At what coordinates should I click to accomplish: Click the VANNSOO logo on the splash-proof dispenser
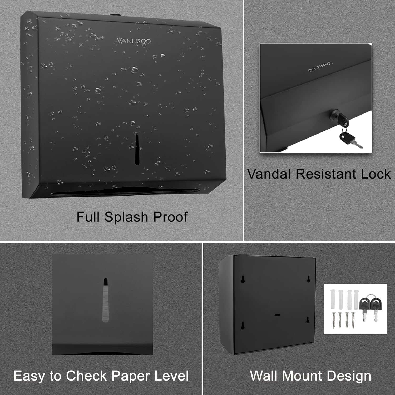coord(134,41)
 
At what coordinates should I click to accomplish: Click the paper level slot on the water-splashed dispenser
coord(137,149)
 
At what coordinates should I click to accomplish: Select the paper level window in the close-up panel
coord(105,300)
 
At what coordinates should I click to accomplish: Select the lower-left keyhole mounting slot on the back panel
coord(243,326)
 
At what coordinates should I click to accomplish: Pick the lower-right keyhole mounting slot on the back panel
coord(308,320)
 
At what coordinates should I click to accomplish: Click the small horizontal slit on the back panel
coord(277,315)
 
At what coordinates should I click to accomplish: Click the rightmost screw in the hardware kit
coord(353,320)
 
